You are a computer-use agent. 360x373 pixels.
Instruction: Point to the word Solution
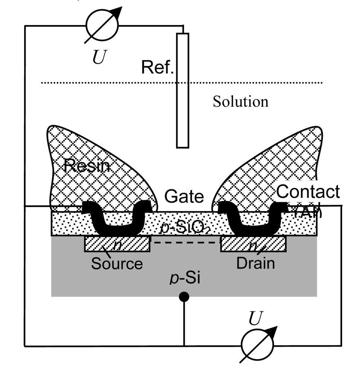(240, 101)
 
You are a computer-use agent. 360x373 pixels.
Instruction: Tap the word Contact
(308, 192)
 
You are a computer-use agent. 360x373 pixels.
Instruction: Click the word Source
(117, 264)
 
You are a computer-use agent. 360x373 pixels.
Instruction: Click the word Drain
(256, 263)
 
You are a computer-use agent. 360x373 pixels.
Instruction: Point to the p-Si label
(184, 279)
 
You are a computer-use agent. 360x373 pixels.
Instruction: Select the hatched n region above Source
(117, 244)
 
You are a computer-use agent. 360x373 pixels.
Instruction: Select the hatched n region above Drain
(253, 244)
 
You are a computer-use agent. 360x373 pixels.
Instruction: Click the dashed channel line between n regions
(185, 243)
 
